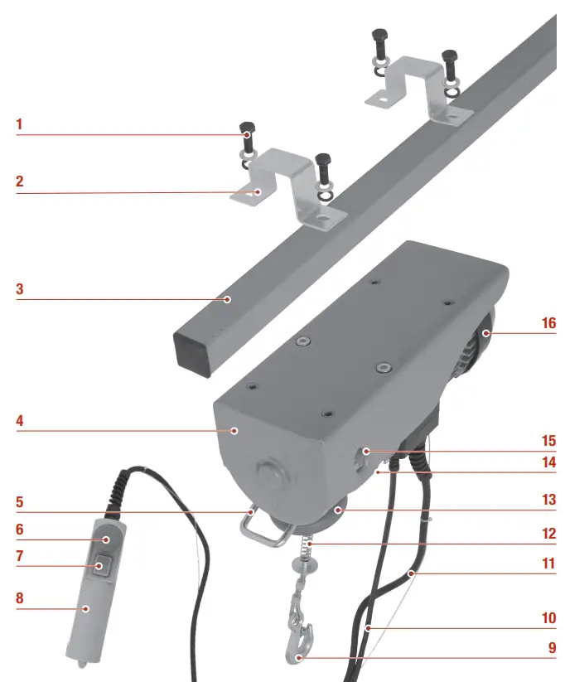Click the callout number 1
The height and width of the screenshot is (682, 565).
[x=19, y=126]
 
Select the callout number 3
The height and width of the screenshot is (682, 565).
[x=19, y=291]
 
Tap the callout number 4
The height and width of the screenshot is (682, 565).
[x=19, y=421]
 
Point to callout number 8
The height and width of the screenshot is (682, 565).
[x=19, y=597]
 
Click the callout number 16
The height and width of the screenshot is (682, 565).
[x=548, y=322]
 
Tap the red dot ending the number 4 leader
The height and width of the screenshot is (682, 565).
[x=235, y=430]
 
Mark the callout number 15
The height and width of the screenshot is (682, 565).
[x=548, y=440]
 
